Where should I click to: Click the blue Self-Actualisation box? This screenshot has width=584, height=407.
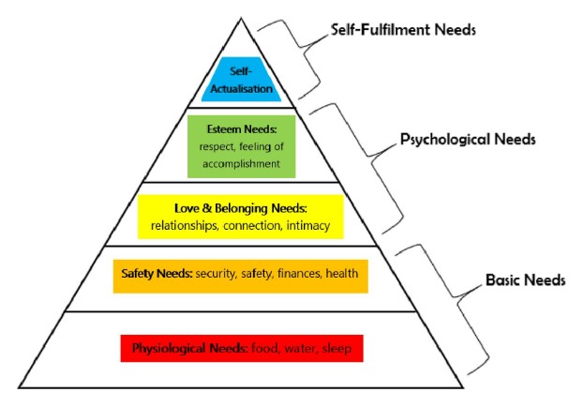(x=241, y=82)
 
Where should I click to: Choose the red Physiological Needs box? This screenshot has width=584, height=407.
(x=241, y=349)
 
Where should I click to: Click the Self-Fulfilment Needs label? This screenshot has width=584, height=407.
(x=403, y=29)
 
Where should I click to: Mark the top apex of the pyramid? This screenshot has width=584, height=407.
(x=242, y=12)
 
